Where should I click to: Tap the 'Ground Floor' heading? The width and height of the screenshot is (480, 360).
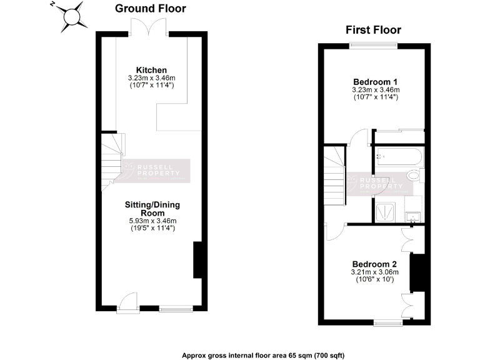(x=150, y=9)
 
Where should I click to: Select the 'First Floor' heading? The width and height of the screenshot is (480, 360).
(x=373, y=30)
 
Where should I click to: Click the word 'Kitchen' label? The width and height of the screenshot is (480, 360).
(x=151, y=69)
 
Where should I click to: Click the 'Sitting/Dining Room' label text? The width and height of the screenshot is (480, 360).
(x=151, y=209)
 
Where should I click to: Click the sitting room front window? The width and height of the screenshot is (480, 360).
(x=176, y=307)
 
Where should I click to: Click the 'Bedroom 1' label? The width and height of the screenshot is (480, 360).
(x=375, y=82)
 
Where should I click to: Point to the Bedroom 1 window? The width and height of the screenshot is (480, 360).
(x=373, y=44)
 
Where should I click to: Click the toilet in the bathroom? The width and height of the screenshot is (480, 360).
(x=414, y=176)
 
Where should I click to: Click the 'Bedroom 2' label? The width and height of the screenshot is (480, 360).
(x=374, y=263)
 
